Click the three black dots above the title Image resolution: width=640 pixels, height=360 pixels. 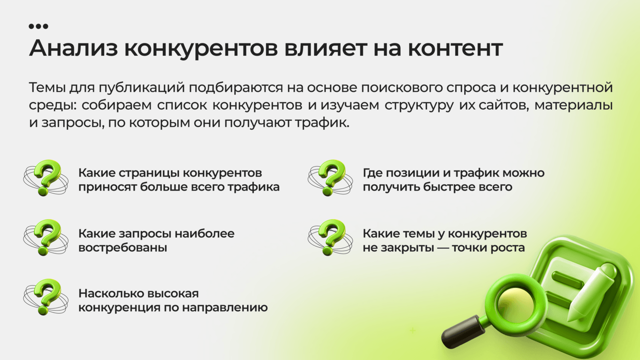[x=39, y=26]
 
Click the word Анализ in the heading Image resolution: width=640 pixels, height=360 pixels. [x=74, y=48]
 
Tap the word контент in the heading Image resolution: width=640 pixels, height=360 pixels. [x=456, y=48]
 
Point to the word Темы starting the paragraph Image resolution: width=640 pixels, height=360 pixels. [x=47, y=87]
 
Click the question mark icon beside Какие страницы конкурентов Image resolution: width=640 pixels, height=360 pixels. [x=46, y=178]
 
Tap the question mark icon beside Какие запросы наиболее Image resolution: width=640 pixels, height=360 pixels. [x=46, y=237]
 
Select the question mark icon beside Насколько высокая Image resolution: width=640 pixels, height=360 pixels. [x=46, y=297]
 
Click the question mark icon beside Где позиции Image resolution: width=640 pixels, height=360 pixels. [x=331, y=178]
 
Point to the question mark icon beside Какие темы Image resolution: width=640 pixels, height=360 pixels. [x=331, y=237]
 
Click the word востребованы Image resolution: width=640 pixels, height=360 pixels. [x=123, y=248]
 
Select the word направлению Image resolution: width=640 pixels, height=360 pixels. [x=224, y=308]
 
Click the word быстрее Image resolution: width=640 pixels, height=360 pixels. [x=453, y=188]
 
